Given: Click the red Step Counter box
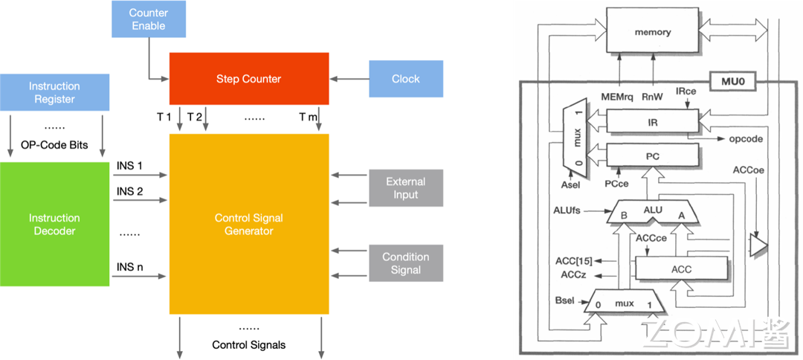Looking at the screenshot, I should pyautogui.click(x=249, y=79).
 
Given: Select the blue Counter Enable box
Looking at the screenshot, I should pyautogui.click(x=148, y=19).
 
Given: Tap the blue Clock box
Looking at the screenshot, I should pyautogui.click(x=406, y=79).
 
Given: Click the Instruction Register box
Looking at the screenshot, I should pyautogui.click(x=54, y=93).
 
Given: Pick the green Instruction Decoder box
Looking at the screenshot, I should pyautogui.click(x=54, y=224).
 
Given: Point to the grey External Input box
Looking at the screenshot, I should pyautogui.click(x=406, y=188).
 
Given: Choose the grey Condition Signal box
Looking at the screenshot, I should pyautogui.click(x=406, y=263).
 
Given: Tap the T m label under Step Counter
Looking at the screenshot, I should pyautogui.click(x=308, y=117).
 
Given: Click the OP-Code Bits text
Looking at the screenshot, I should pyautogui.click(x=54, y=145).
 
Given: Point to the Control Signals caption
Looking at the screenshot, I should pyautogui.click(x=248, y=344).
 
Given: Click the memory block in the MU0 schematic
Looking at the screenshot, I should pyautogui.click(x=653, y=32).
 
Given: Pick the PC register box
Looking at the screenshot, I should pyautogui.click(x=653, y=157).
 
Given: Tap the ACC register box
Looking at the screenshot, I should pyautogui.click(x=680, y=269).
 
